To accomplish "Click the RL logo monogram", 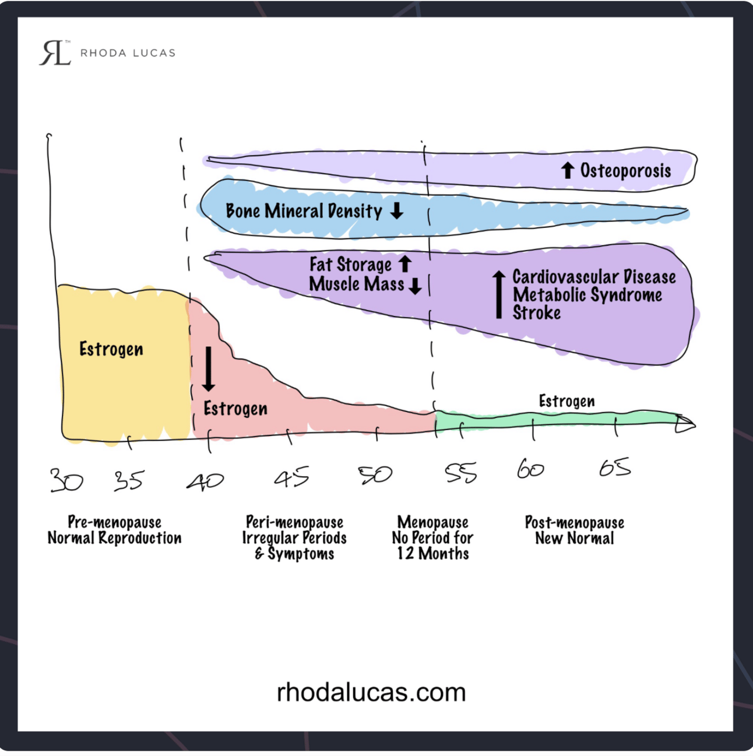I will tap(55, 53).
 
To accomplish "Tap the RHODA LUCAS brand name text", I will tap(128, 53).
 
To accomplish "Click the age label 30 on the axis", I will tap(66, 480).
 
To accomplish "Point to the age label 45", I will tap(291, 478).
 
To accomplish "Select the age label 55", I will tap(460, 473).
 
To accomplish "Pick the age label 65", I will tap(615, 467).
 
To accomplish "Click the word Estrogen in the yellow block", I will tap(111, 349).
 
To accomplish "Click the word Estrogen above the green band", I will tap(566, 401).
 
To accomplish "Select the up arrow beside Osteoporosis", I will tap(568, 170).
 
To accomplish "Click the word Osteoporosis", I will tap(625, 171).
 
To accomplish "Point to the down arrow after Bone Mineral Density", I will tap(397, 210).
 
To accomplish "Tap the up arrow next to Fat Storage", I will tap(405, 263).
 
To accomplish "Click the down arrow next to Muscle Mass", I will tap(415, 286).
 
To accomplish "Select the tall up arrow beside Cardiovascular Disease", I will tap(498, 294).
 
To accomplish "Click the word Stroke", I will tap(536, 313).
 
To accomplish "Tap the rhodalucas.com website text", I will tap(371, 692).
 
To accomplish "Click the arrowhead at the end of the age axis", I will tap(685, 424).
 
